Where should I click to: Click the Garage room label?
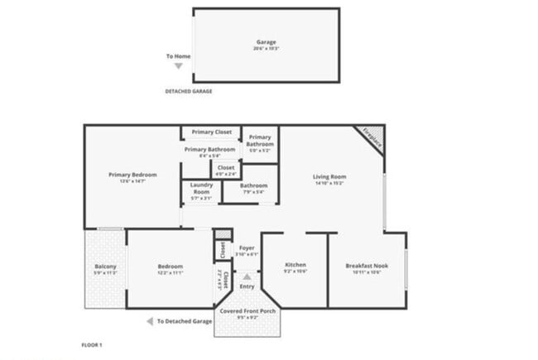click(x=266, y=41)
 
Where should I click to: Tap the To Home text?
click(x=178, y=56)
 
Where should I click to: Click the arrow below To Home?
click(x=178, y=65)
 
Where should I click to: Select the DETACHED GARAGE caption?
click(x=188, y=91)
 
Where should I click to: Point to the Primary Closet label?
click(x=211, y=132)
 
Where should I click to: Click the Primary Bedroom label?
click(x=132, y=175)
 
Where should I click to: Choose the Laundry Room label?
click(x=202, y=188)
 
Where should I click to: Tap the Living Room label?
click(x=329, y=176)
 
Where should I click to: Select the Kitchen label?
click(x=295, y=265)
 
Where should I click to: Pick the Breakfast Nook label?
click(x=367, y=265)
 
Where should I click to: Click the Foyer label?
click(x=247, y=247)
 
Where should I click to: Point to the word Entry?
click(x=247, y=286)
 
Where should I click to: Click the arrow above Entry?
click(x=247, y=277)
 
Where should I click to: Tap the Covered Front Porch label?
click(x=247, y=310)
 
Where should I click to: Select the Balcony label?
click(x=105, y=266)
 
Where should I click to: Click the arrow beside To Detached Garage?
click(x=149, y=321)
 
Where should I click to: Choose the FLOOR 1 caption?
click(x=90, y=343)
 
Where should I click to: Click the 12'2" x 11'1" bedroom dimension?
click(x=169, y=272)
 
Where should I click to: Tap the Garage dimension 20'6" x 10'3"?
click(x=266, y=49)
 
